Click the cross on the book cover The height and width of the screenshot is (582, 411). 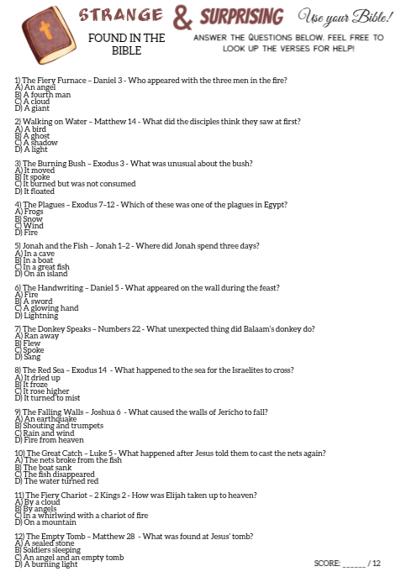[x=45, y=31]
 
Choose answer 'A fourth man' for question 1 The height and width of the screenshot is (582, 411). [x=45, y=94]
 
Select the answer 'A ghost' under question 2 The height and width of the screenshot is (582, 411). [x=37, y=135]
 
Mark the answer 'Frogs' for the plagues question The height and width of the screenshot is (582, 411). [x=34, y=212]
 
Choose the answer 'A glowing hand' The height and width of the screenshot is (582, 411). [x=51, y=308]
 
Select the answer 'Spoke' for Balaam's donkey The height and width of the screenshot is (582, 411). [x=33, y=349]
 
